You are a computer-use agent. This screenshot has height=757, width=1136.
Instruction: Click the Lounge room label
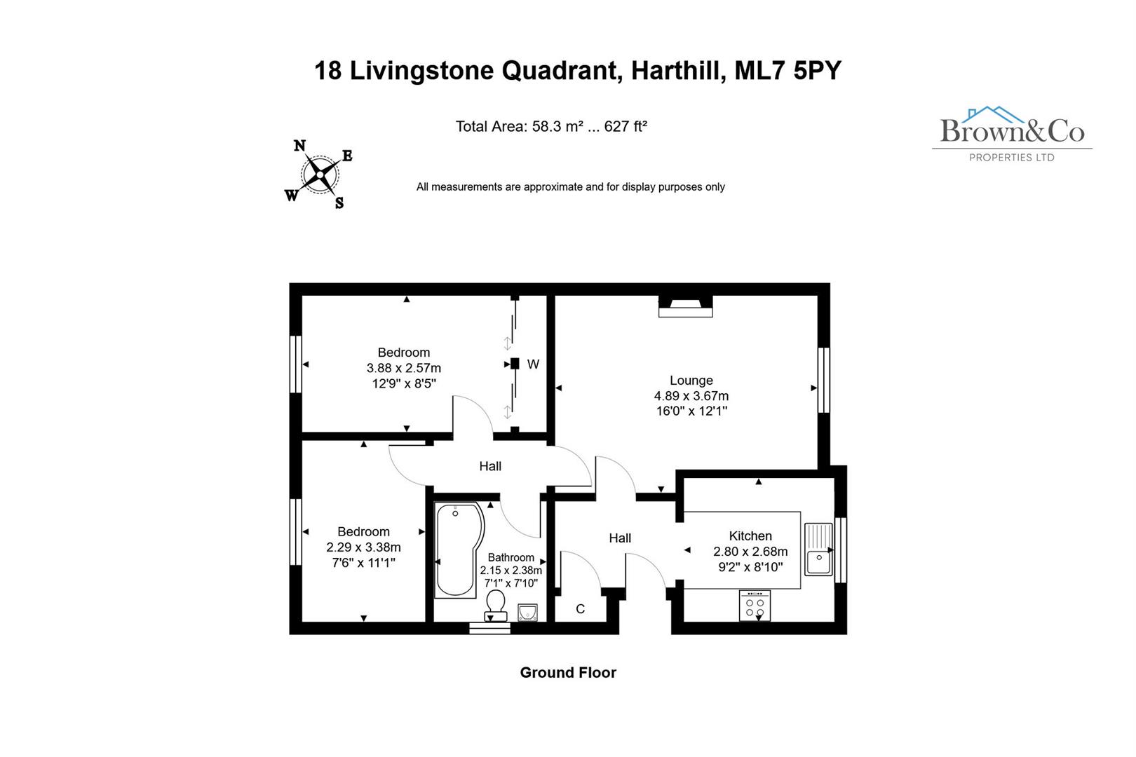(691, 381)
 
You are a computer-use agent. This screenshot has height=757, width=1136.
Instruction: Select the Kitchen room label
(750, 536)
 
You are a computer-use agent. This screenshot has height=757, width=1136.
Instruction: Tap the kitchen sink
(818, 549)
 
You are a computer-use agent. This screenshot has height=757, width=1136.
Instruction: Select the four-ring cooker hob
(755, 606)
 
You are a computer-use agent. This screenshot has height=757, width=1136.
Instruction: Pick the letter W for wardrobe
(533, 364)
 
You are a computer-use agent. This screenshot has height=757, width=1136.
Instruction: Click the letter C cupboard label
(580, 609)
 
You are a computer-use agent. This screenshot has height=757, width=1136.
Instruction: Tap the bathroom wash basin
(527, 613)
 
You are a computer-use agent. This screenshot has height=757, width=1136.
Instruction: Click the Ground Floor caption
(567, 673)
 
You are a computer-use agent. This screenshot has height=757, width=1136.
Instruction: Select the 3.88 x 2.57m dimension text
(403, 368)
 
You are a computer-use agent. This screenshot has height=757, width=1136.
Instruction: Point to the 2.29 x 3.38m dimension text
(363, 547)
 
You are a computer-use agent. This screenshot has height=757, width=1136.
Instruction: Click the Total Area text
(550, 127)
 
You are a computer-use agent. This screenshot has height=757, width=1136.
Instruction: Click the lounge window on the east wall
(824, 379)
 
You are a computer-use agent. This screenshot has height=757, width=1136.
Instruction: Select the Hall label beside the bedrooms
(490, 466)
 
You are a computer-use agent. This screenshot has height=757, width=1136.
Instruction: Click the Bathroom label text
(510, 558)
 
